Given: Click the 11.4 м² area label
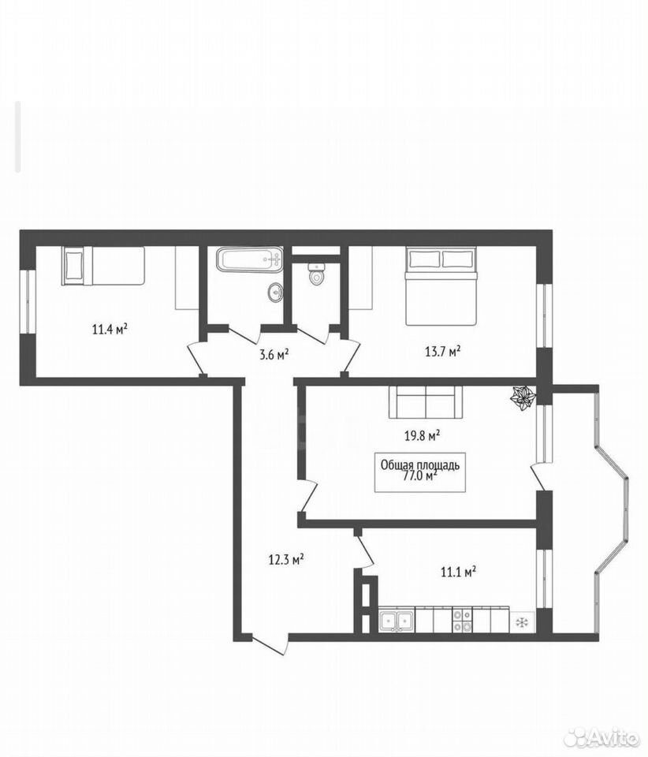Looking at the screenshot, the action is pyautogui.click(x=110, y=330).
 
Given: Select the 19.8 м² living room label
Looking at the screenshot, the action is pyautogui.click(x=422, y=436).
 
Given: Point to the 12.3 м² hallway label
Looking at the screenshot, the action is pyautogui.click(x=285, y=560).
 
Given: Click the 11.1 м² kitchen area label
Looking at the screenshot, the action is pyautogui.click(x=458, y=572).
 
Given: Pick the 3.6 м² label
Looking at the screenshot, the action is pyautogui.click(x=274, y=356).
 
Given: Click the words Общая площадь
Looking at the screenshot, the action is pyautogui.click(x=419, y=465).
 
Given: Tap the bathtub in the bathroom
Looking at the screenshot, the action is pyautogui.click(x=249, y=259).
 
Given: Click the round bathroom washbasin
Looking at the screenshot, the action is pyautogui.click(x=275, y=293).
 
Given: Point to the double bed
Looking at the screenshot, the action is pyautogui.click(x=441, y=286).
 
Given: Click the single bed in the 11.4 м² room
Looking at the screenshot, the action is pyautogui.click(x=102, y=266).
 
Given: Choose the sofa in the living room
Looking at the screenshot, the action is pyautogui.click(x=426, y=402).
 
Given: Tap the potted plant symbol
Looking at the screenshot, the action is pyautogui.click(x=523, y=397).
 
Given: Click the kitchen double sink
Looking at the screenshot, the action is pyautogui.click(x=397, y=621).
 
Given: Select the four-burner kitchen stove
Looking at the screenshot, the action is pyautogui.click(x=462, y=621).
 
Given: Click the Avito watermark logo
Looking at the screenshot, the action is pyautogui.click(x=605, y=738).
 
